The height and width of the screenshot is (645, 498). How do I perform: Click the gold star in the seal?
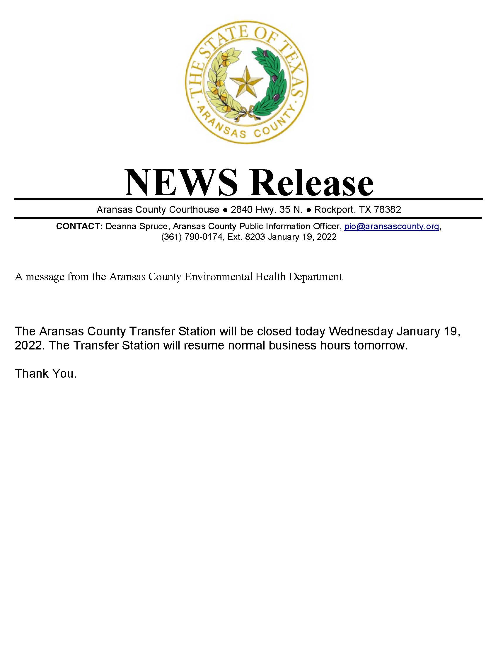(246, 82)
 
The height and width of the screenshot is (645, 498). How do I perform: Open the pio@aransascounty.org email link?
(391, 226)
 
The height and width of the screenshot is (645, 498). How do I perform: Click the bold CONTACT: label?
(79, 226)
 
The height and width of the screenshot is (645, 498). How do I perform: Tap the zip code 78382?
(388, 209)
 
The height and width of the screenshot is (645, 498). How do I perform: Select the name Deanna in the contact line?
(120, 226)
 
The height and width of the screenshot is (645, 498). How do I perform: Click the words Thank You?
(46, 374)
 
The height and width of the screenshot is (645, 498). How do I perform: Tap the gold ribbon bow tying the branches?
(247, 113)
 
